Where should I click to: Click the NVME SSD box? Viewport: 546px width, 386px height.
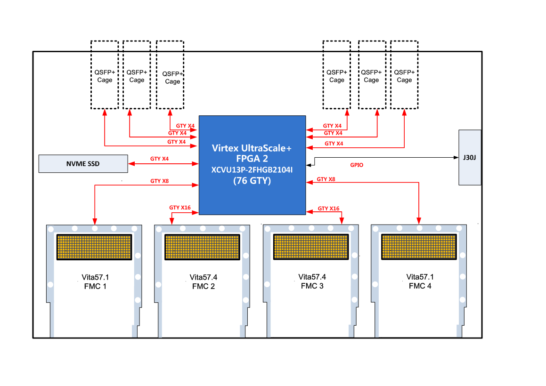click(83, 164)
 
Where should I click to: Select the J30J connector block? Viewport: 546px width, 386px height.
click(470, 157)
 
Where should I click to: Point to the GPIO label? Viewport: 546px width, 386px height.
click(357, 165)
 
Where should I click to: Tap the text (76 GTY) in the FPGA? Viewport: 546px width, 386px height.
click(252, 180)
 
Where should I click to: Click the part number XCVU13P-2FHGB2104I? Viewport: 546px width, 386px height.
click(252, 169)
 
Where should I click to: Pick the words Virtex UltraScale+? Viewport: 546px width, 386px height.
click(252, 148)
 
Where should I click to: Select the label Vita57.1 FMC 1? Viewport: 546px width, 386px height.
click(94, 281)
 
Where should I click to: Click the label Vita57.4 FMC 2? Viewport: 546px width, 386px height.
click(203, 281)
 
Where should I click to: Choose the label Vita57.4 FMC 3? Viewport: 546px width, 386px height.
click(311, 281)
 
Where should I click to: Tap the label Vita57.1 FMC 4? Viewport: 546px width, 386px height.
click(420, 281)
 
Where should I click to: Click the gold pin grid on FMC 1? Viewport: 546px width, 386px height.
click(94, 247)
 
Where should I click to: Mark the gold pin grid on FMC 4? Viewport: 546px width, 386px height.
click(419, 247)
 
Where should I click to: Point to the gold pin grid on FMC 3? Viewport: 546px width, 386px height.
click(311, 247)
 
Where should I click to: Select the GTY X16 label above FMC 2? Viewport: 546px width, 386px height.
click(180, 208)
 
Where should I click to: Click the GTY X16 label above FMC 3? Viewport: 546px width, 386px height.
click(328, 209)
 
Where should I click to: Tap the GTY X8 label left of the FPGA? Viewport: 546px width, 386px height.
click(160, 181)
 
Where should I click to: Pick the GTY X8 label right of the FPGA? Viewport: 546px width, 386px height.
click(326, 179)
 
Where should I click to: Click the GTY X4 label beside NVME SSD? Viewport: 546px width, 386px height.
click(160, 159)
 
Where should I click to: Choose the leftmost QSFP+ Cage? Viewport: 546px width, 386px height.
click(105, 75)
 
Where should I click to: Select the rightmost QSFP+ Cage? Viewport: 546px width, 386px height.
click(404, 75)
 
